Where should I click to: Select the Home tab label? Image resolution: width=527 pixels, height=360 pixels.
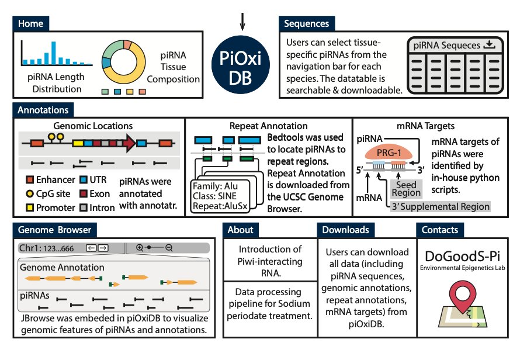tap(30, 24)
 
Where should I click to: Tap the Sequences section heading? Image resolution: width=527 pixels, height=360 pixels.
tap(306, 24)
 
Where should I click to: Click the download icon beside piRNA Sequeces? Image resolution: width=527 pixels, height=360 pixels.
tap(490, 45)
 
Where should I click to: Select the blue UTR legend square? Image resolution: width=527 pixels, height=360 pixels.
tap(84, 181)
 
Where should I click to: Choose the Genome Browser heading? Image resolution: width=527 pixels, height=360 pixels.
tap(54, 230)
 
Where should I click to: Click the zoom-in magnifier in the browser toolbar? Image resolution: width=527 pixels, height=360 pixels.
tap(140, 248)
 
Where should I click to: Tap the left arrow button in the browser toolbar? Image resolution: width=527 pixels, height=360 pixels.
tap(91, 248)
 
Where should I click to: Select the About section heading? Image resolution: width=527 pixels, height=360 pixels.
tap(241, 230)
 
